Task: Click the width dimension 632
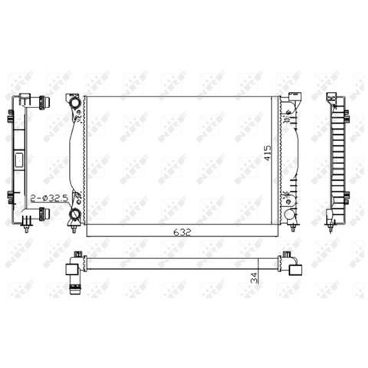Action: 181,230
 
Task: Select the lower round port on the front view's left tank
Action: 74,205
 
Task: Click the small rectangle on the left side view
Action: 18,159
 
